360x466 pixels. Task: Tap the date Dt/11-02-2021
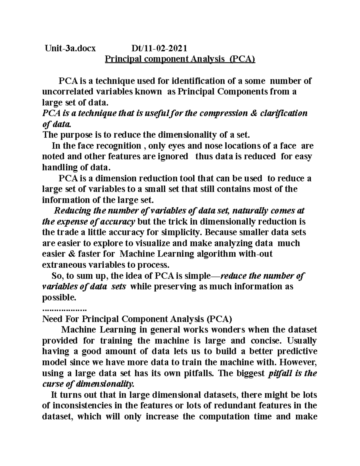coord(159,48)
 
